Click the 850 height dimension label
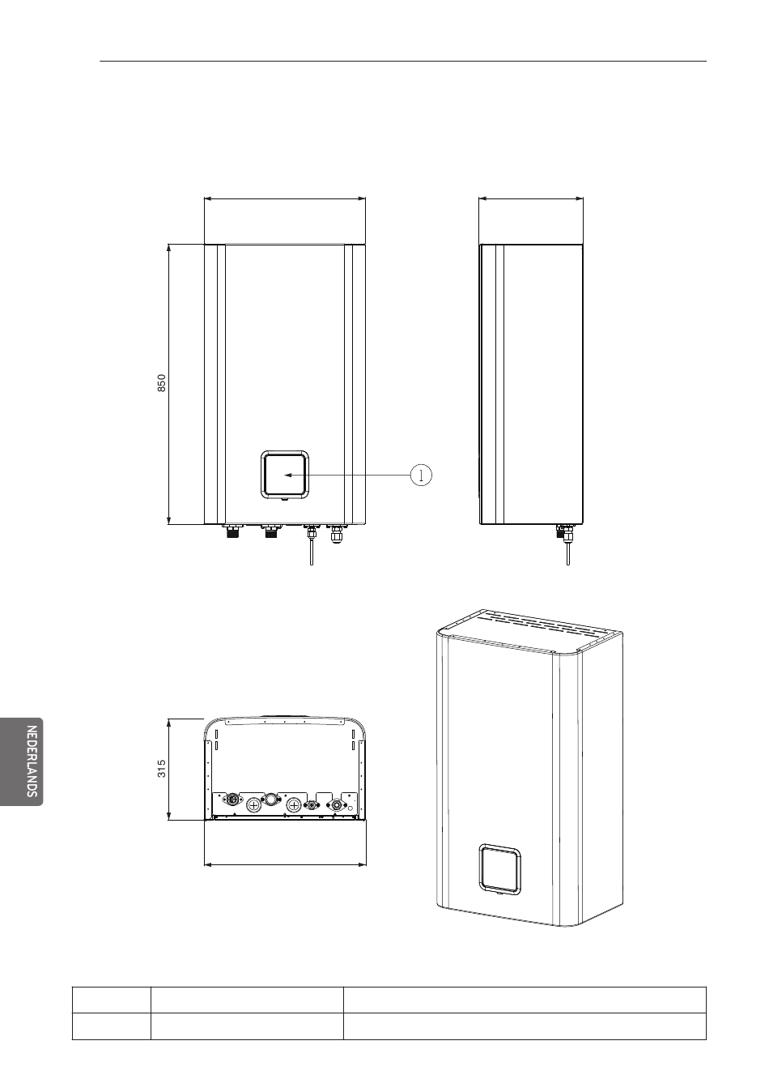pyautogui.click(x=161, y=383)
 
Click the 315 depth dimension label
pyautogui.click(x=162, y=768)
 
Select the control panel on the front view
pyautogui.click(x=283, y=474)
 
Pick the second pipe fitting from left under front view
pyautogui.click(x=270, y=532)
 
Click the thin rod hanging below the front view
pyautogui.click(x=311, y=551)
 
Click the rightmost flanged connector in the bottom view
pyautogui.click(x=334, y=805)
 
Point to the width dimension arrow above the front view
pyautogui.click(x=286, y=197)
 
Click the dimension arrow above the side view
pyautogui.click(x=531, y=197)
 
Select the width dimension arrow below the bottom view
pyautogui.click(x=286, y=864)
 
